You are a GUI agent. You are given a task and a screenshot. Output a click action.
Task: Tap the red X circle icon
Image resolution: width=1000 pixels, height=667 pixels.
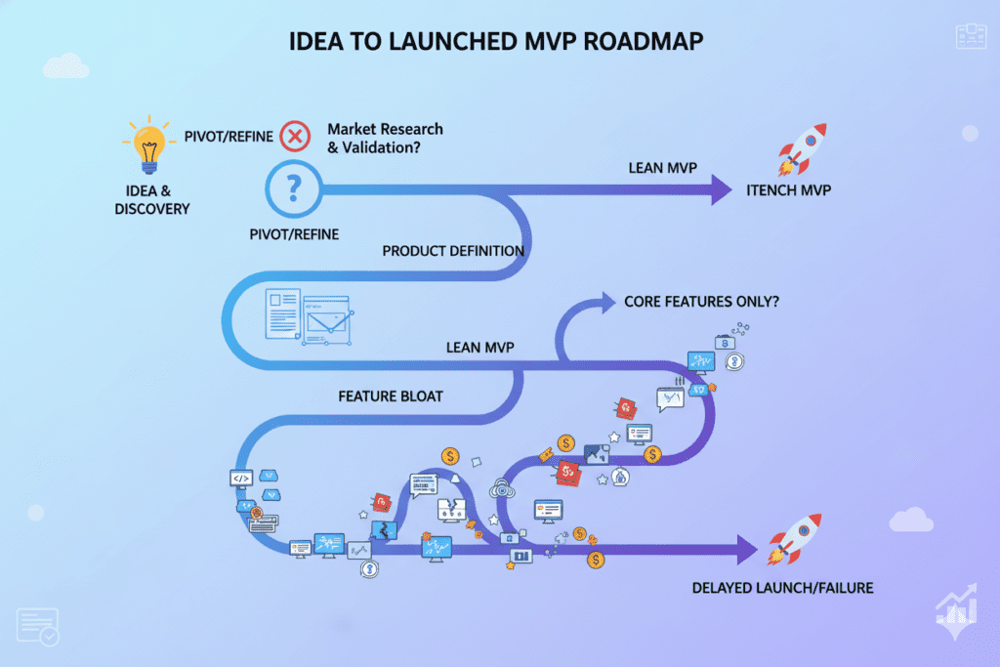coord(295,136)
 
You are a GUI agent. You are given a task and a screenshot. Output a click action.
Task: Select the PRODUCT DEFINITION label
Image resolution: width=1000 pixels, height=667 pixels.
coord(453,251)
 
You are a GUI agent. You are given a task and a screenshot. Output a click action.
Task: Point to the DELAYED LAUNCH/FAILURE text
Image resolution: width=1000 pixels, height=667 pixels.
coord(782,588)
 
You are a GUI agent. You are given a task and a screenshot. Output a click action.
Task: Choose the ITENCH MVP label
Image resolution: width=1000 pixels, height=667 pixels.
coord(787,190)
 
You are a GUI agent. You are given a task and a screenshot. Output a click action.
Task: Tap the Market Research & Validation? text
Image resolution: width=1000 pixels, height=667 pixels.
coord(385,138)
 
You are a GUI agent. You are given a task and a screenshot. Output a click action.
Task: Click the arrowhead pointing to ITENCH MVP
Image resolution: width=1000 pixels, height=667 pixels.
coord(720,188)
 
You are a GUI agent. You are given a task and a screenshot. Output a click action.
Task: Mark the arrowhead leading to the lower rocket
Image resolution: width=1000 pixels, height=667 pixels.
coord(747,550)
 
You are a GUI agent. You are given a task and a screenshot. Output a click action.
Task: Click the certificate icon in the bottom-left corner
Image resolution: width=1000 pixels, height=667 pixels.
coord(37,626)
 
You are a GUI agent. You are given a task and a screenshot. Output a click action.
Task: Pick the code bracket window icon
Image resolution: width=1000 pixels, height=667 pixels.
coord(242,479)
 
